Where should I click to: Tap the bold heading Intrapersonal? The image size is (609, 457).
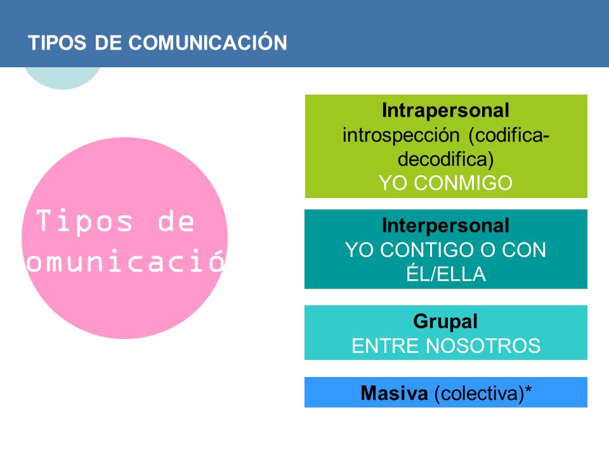(x=445, y=111)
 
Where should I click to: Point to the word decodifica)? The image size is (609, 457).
(x=446, y=159)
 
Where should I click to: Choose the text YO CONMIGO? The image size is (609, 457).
(x=445, y=183)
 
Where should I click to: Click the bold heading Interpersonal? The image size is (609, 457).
(x=445, y=225)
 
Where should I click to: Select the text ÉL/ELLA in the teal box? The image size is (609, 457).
(x=445, y=274)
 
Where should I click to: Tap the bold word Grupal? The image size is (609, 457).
(x=445, y=322)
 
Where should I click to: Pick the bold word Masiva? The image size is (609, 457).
(x=394, y=394)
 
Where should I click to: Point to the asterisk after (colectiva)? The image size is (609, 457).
(x=527, y=392)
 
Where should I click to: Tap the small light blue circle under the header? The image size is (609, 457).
(x=62, y=78)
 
